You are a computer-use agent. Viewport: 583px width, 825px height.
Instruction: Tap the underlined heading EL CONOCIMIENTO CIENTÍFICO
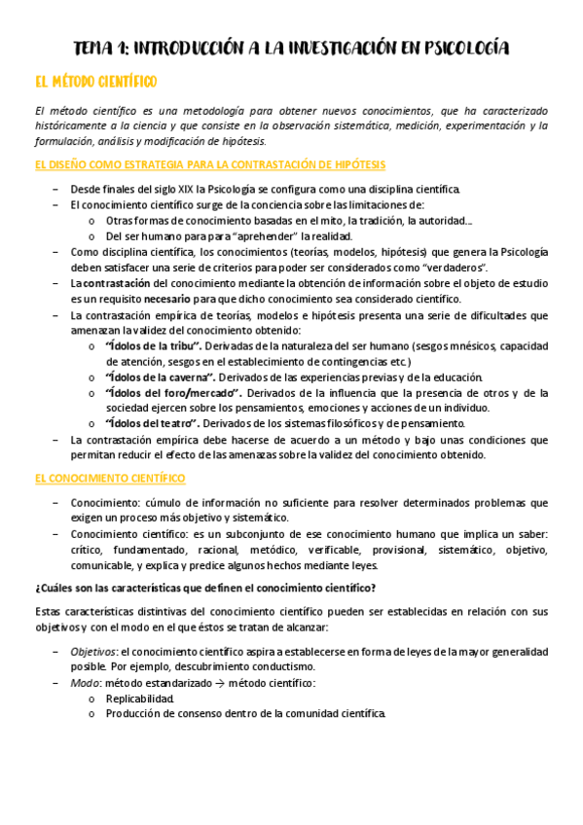(110, 479)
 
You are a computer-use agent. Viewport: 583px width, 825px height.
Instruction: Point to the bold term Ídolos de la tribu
(152, 345)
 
